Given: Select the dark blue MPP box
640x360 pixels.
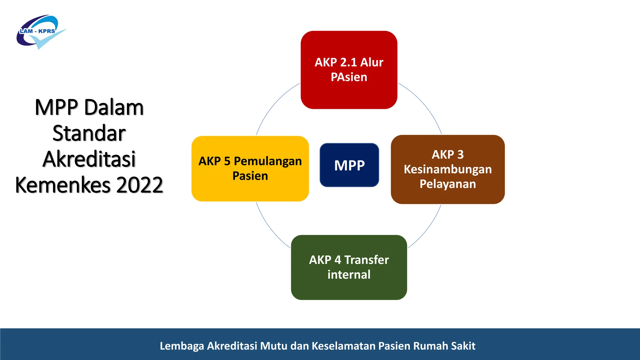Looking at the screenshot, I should (x=349, y=165).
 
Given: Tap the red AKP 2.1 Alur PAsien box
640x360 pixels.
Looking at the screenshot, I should (x=349, y=70).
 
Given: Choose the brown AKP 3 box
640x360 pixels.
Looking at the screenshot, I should (x=447, y=169).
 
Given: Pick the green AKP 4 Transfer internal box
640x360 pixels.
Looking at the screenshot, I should (x=349, y=267).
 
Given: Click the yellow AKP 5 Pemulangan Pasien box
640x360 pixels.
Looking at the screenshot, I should (x=250, y=168).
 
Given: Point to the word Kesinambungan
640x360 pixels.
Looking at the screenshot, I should (x=447, y=169).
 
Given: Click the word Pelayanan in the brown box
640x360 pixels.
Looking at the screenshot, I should (x=447, y=184).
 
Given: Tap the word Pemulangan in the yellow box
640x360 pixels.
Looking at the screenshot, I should (x=268, y=161).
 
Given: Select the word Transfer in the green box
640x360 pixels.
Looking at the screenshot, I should (x=367, y=260).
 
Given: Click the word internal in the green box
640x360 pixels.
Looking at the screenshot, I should (x=349, y=275).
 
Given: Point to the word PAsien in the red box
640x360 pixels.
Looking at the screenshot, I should (x=349, y=77).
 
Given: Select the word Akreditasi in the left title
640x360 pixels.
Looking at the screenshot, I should (x=89, y=159).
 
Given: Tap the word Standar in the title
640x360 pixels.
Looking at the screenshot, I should (x=89, y=133).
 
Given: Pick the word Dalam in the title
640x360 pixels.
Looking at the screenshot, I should (x=114, y=107).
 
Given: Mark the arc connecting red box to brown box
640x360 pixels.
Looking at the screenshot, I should (x=425, y=105).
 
